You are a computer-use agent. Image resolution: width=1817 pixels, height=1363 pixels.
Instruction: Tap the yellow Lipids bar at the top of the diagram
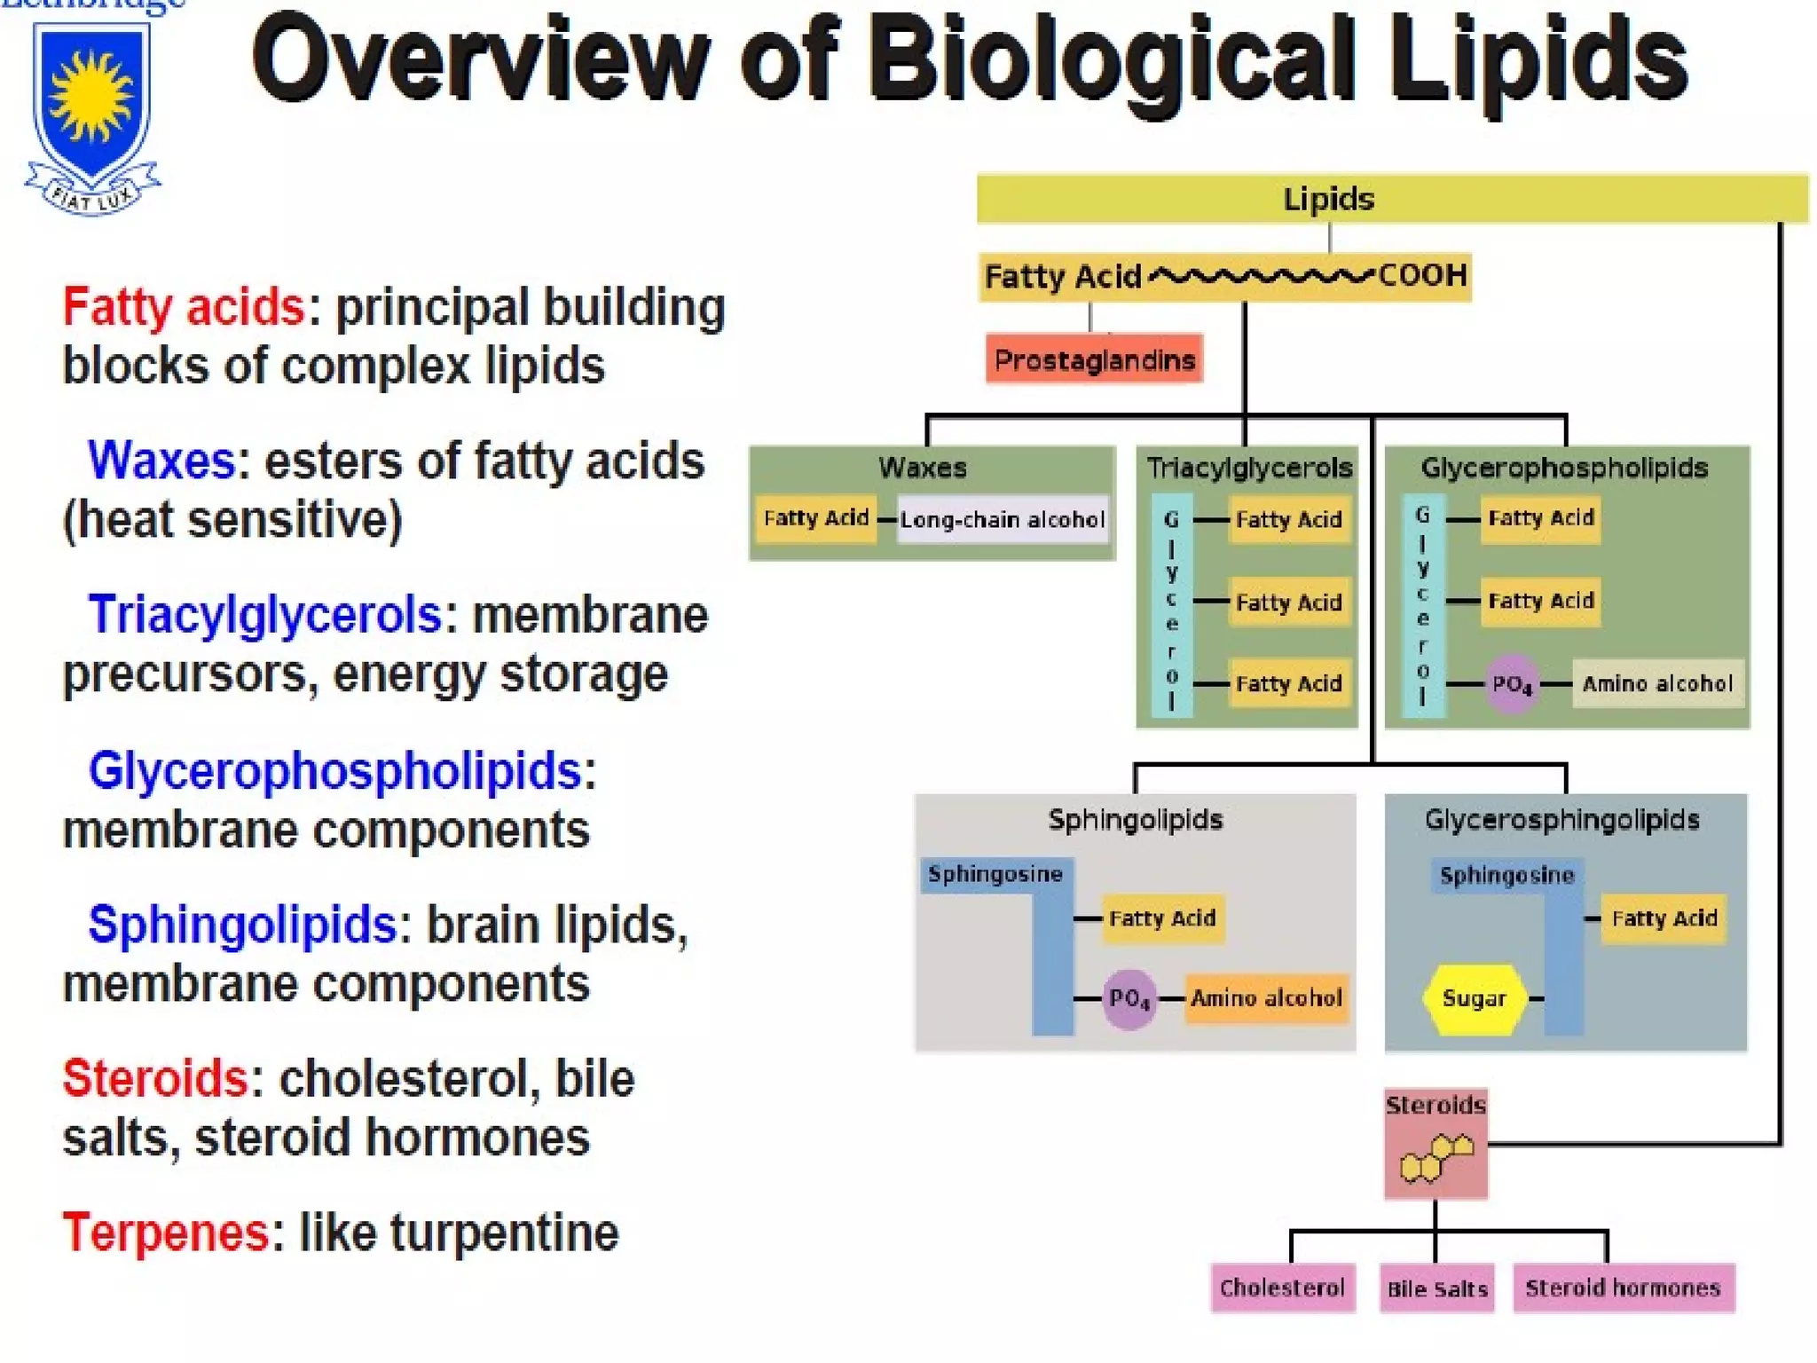tap(1391, 199)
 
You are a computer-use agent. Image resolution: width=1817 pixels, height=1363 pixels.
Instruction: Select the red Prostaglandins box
tap(1094, 359)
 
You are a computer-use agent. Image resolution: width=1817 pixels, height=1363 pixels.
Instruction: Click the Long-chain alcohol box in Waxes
tap(1003, 519)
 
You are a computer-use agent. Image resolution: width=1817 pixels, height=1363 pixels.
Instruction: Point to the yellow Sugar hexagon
tap(1474, 998)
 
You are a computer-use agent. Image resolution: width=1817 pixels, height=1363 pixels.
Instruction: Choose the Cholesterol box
tap(1282, 1288)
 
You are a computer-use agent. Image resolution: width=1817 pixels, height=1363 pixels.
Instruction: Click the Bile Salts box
tap(1436, 1288)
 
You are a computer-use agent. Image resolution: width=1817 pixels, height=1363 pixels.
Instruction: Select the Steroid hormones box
tap(1623, 1288)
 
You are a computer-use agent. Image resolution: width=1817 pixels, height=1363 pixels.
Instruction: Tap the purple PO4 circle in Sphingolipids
tap(1129, 999)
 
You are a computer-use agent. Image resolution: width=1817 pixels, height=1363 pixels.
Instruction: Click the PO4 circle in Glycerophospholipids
tap(1511, 684)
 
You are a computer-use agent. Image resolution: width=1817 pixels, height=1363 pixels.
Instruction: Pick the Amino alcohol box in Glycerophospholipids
tap(1657, 683)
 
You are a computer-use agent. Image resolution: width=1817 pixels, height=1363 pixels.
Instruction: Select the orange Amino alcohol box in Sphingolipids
tap(1266, 998)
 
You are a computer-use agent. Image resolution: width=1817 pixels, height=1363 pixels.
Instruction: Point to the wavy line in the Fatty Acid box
tap(1261, 276)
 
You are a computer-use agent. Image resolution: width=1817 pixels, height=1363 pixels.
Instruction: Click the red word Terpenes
tap(165, 1233)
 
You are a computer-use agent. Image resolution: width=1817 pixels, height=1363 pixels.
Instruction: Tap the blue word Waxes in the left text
tap(161, 461)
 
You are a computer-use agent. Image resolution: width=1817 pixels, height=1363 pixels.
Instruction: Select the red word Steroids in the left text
tap(154, 1079)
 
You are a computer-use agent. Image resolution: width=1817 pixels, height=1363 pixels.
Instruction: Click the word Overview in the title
tap(479, 60)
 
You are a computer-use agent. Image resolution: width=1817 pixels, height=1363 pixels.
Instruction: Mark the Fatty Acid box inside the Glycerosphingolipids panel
tap(1664, 918)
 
